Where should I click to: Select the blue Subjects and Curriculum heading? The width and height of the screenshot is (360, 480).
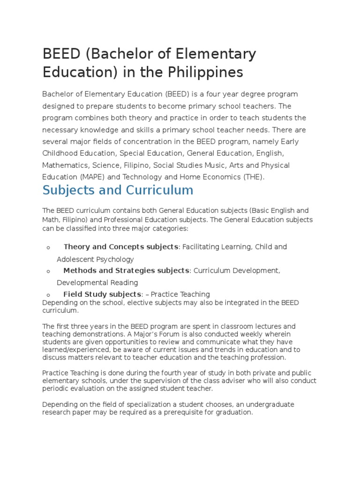[x=118, y=190]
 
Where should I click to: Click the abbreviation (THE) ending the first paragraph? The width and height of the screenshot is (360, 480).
[x=252, y=177]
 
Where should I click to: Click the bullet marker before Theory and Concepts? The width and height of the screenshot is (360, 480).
[x=48, y=247]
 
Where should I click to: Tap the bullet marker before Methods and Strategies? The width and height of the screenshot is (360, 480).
[x=48, y=271]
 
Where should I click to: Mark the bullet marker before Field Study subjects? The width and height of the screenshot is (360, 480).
[x=48, y=295]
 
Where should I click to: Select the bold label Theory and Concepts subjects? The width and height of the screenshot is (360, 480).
[x=121, y=247]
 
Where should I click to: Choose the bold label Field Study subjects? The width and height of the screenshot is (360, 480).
[x=102, y=294]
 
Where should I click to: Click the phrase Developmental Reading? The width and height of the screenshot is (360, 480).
[x=97, y=283]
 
